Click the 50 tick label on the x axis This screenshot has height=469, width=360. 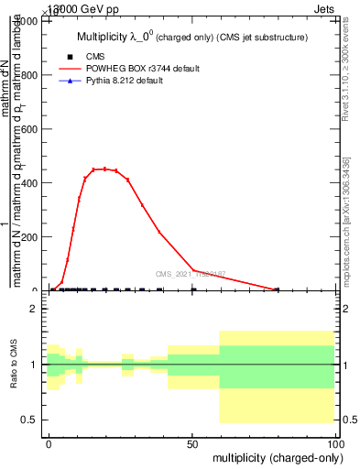192,443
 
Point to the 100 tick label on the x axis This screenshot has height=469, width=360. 334,443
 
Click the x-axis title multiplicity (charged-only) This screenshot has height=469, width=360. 274,457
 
